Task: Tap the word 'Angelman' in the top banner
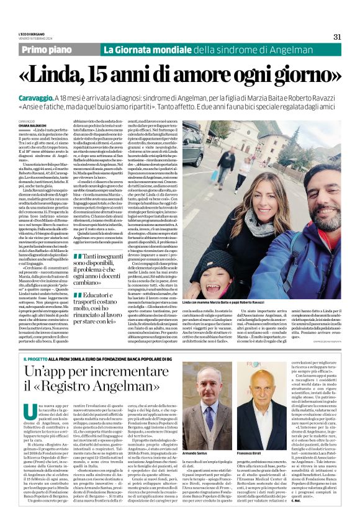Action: click(x=276, y=49)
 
